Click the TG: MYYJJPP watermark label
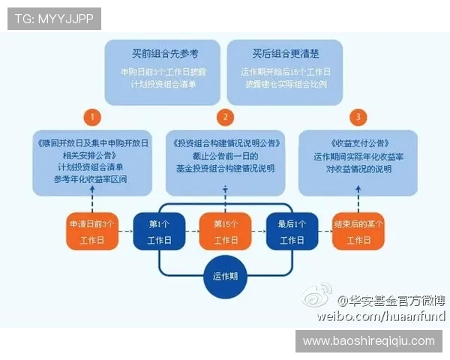coord(54,18)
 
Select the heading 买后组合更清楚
coord(286,54)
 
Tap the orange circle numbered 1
coord(92,117)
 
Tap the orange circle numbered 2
coord(225,117)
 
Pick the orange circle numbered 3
coord(358,117)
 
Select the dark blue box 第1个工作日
coord(159,232)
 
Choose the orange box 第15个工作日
coord(225,232)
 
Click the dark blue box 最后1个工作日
coord(292,232)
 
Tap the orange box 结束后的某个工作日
coord(358,232)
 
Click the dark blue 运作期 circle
coord(225,275)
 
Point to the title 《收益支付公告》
coord(358,142)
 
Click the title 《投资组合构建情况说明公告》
coord(225,142)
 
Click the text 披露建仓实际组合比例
coord(286,85)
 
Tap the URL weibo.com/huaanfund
coord(380,316)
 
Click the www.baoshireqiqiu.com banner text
coord(368,340)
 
